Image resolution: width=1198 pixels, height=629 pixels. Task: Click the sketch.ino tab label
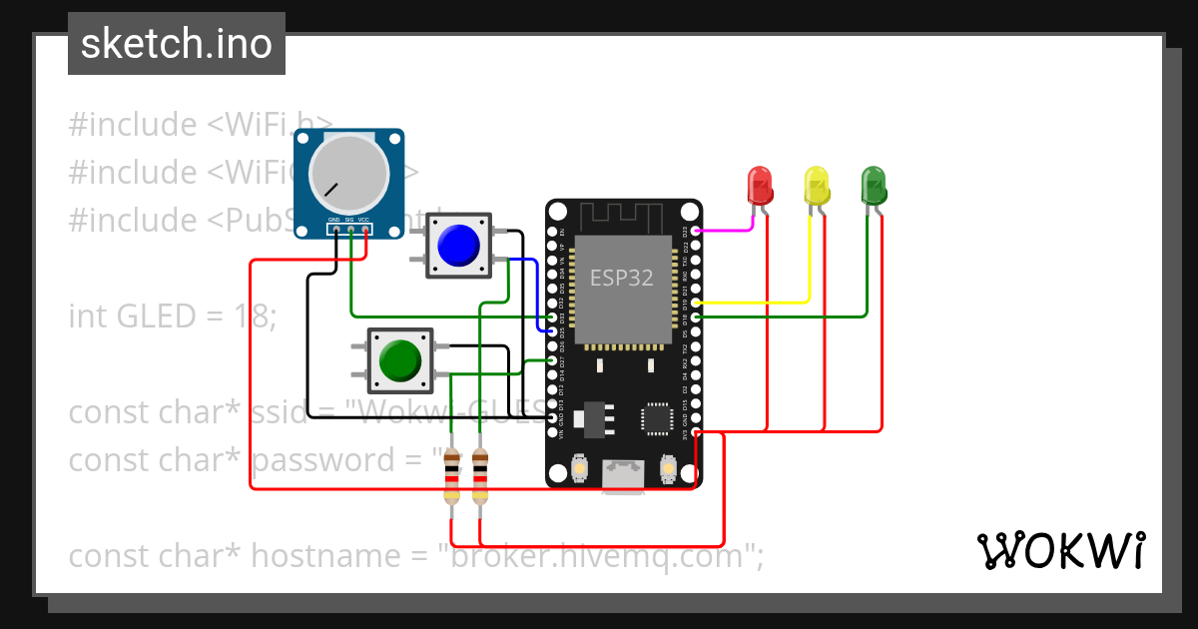(177, 44)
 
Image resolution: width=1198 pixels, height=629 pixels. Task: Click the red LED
(760, 186)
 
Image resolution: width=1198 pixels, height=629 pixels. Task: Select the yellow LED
(817, 186)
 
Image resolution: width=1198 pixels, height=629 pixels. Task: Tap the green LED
(874, 186)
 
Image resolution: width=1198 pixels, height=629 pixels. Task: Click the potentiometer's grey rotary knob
(347, 173)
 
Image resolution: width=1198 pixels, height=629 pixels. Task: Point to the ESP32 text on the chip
(621, 278)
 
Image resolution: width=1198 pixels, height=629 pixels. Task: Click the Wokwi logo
(1060, 550)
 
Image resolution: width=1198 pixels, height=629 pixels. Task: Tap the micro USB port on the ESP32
(623, 475)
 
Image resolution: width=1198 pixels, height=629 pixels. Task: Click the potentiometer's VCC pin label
(364, 219)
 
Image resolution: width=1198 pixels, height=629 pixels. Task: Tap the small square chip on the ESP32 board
(658, 418)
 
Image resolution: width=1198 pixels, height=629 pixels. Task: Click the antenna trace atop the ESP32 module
(622, 215)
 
